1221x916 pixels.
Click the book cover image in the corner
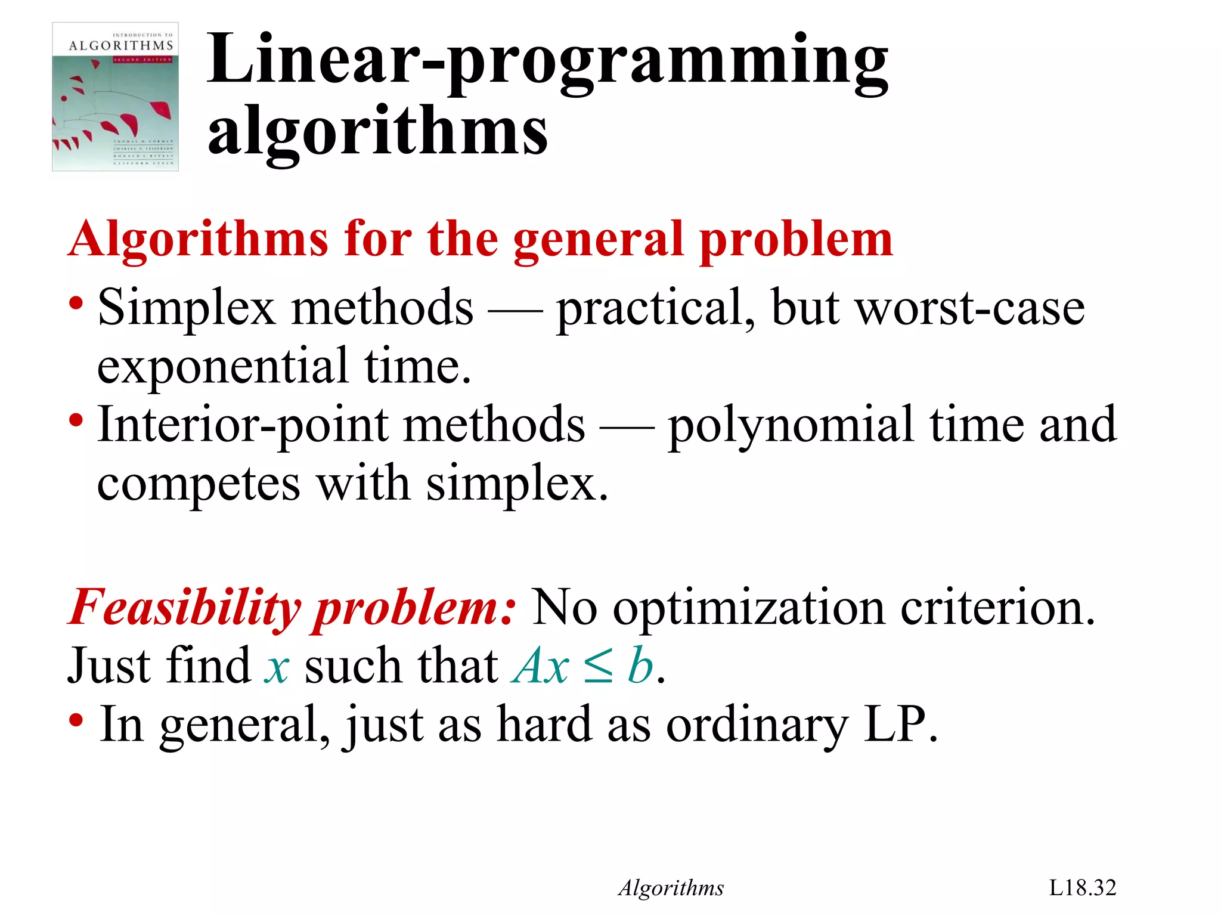pyautogui.click(x=115, y=97)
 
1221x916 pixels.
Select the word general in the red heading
pyautogui.click(x=598, y=239)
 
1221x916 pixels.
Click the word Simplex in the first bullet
pyautogui.click(x=186, y=308)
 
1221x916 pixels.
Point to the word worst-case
pyautogui.click(x=970, y=308)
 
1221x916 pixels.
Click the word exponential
pyautogui.click(x=222, y=366)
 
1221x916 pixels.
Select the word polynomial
pyautogui.click(x=791, y=425)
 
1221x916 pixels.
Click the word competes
pyautogui.click(x=199, y=484)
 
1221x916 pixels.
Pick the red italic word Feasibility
pyautogui.click(x=185, y=608)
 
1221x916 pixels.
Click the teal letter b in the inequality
pyautogui.click(x=640, y=665)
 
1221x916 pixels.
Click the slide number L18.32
pyautogui.click(x=1082, y=887)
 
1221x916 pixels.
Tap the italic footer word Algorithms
pyautogui.click(x=671, y=888)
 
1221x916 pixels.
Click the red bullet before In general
pyautogui.click(x=76, y=720)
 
